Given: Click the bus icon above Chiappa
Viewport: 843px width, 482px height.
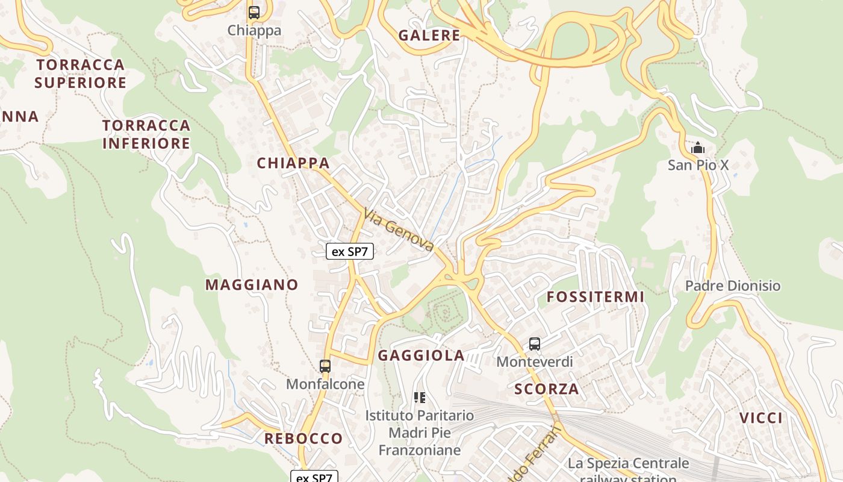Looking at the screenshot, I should pyautogui.click(x=254, y=12).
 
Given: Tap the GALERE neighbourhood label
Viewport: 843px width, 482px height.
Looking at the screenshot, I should pyautogui.click(x=429, y=36).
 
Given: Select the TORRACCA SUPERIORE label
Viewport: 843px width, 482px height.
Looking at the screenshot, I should pyautogui.click(x=80, y=74).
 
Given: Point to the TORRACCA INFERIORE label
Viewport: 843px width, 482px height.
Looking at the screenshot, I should pyautogui.click(x=146, y=134).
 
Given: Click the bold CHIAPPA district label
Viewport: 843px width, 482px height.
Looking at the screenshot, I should pyautogui.click(x=293, y=163).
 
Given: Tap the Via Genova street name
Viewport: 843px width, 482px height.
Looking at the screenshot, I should pyautogui.click(x=399, y=230).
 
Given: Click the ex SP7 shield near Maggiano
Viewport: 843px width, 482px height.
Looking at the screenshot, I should pyautogui.click(x=350, y=251).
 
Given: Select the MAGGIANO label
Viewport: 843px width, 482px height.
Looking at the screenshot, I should pyautogui.click(x=252, y=285).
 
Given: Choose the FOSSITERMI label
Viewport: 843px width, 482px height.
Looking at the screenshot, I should pyautogui.click(x=596, y=297).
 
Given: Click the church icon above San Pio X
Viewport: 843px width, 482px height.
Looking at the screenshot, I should pyautogui.click(x=698, y=148).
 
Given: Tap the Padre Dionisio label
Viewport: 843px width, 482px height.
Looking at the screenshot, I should pyautogui.click(x=733, y=286).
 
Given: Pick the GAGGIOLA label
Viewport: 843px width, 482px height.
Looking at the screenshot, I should pyautogui.click(x=421, y=355).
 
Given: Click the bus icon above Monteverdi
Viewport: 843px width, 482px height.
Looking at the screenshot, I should pyautogui.click(x=535, y=344).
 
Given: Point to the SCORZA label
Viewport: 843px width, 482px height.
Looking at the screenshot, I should pyautogui.click(x=547, y=389).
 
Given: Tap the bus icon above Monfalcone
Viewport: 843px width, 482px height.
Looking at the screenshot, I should pyautogui.click(x=325, y=366).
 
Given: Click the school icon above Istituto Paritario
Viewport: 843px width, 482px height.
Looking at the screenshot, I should pyautogui.click(x=420, y=398).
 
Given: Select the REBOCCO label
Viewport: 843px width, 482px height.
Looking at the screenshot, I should pyautogui.click(x=303, y=438).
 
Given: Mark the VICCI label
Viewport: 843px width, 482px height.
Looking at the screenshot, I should pyautogui.click(x=761, y=418).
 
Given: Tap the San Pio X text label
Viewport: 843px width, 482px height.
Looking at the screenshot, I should pyautogui.click(x=698, y=164).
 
